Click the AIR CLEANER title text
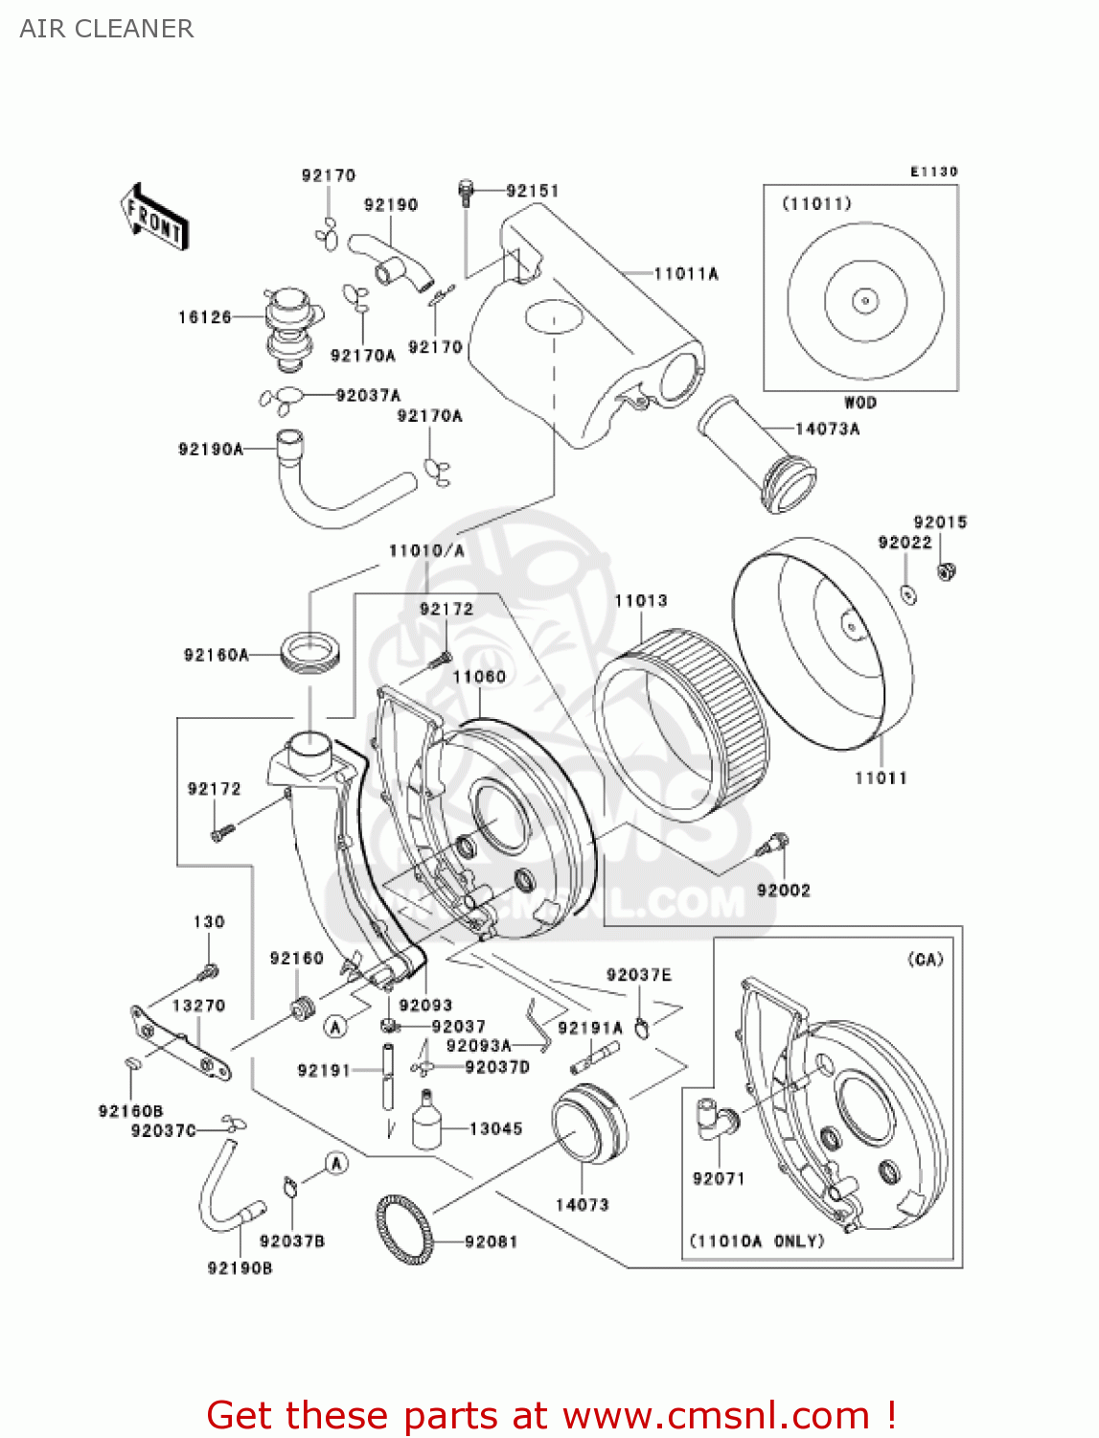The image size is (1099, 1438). coord(106,29)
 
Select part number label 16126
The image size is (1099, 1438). coord(204,317)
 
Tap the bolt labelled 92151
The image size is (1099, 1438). coord(467,191)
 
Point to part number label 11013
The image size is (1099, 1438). coord(640,601)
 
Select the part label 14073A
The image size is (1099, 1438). coord(827,429)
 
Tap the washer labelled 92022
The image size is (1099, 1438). coord(908,593)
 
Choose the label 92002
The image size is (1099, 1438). coord(783,891)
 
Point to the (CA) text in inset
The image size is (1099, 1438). coord(925,960)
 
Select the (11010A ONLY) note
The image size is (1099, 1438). coord(757,1241)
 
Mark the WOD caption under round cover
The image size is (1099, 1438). coord(859,403)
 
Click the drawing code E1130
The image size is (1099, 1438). coord(933,172)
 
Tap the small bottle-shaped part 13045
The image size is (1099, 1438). coord(426,1122)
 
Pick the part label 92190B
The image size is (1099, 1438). coord(240,1268)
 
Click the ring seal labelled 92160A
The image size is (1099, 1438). coord(309,653)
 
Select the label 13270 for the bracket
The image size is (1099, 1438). coord(198,1006)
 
